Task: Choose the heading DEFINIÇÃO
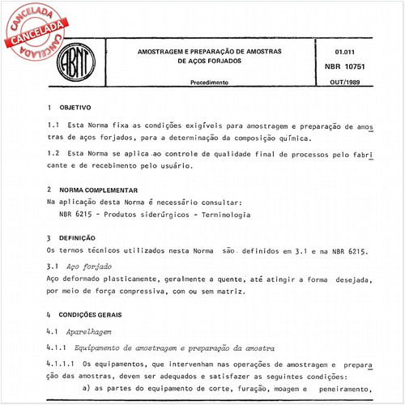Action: pos(83,238)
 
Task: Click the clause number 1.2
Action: pos(54,152)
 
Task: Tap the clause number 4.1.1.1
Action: pos(62,365)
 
